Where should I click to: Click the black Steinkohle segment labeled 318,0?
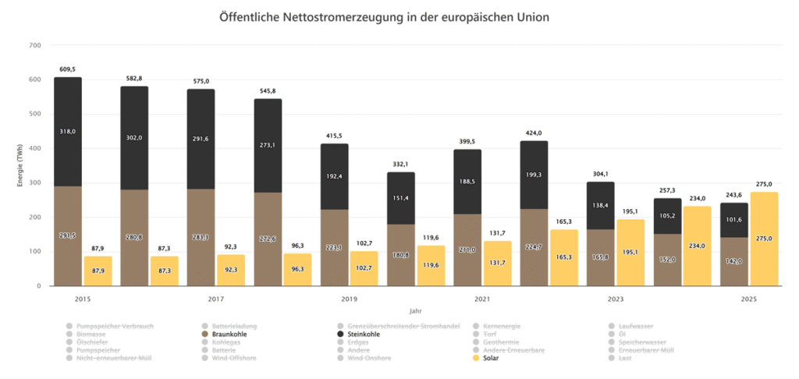tap(67, 132)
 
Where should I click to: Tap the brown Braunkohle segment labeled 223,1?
tap(334, 247)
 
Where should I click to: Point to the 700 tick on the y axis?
tap(34, 45)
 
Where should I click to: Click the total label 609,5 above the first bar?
tap(67, 69)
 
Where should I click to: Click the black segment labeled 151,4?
tap(401, 198)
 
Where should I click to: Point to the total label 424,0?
tap(534, 133)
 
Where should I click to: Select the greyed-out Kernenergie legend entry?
tap(499, 325)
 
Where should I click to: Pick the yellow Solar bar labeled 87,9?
tap(98, 271)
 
